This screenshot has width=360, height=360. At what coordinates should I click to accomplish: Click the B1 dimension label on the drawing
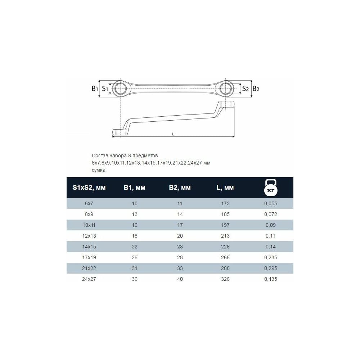95,89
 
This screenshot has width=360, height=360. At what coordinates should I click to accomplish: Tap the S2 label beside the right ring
245,89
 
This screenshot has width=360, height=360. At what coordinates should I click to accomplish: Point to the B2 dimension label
256,89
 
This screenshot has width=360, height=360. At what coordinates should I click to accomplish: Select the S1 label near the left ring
105,89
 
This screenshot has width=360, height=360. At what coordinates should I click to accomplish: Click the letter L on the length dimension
173,134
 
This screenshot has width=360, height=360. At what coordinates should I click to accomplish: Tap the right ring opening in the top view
226,89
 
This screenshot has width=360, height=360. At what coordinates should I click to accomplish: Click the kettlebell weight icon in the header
271,188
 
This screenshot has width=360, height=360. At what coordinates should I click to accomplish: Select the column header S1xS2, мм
89,188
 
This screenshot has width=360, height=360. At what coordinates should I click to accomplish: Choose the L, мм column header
225,188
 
